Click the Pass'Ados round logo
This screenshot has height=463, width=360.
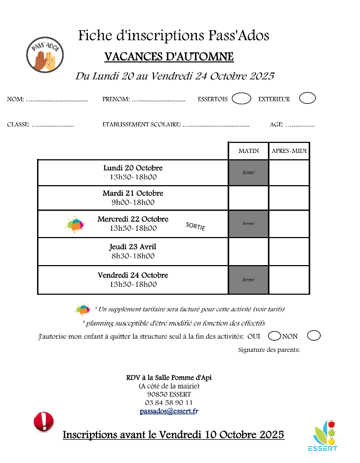pos(46,55)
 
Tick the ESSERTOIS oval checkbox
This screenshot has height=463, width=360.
pos(241,98)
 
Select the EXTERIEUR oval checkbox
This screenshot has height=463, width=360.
pos(307,98)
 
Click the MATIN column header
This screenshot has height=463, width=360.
pos(248,151)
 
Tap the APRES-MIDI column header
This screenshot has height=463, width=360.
pos(289,151)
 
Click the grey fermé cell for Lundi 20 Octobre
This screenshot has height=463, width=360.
pos(248,173)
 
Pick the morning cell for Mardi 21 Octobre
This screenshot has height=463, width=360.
pos(248,198)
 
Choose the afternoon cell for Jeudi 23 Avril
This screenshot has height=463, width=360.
pos(289,251)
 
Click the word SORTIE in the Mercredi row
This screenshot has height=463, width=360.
pos(195,226)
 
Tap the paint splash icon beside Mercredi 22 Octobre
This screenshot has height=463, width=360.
pos(75,224)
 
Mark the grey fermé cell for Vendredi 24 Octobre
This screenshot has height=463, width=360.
pos(248,279)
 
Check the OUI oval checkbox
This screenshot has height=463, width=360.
pos(274,335)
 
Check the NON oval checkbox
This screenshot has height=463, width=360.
pos(314,335)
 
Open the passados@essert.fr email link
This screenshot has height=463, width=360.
pos(169,411)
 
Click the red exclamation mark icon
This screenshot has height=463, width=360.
pos(43,422)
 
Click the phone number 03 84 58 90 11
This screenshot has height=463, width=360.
pos(169,403)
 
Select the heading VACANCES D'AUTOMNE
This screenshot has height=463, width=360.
pos(169,57)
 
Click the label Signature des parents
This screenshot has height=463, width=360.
pos(269,350)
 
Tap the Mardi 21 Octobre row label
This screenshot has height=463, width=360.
pos(133,193)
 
